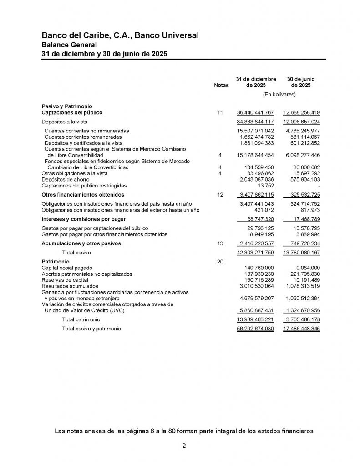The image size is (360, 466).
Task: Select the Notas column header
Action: click(x=221, y=85)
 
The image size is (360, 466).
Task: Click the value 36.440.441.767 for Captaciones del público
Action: click(x=255, y=112)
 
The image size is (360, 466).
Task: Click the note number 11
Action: click(x=220, y=112)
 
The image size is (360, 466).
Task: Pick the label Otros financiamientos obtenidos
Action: click(x=82, y=195)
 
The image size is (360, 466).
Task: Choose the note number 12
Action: click(x=220, y=195)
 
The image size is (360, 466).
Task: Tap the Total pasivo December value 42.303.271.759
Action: click(x=255, y=252)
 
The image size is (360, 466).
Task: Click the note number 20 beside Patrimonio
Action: click(x=220, y=262)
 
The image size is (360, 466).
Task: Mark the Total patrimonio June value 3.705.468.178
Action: click(x=302, y=320)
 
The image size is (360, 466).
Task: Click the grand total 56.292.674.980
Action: click(x=255, y=328)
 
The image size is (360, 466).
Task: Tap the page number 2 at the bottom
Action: click(x=184, y=446)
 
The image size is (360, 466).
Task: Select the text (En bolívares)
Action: click(x=279, y=95)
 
